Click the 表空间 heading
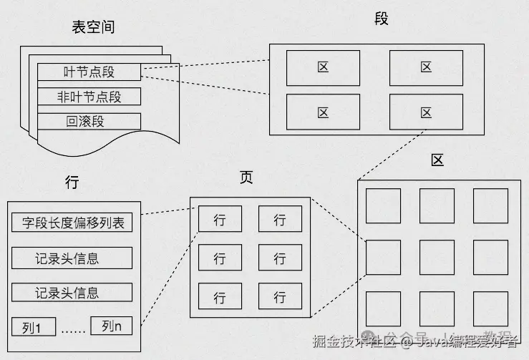(93, 27)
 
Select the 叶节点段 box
(89, 72)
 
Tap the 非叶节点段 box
(89, 97)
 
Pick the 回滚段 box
(89, 121)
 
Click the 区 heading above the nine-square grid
(437, 160)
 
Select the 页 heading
(246, 177)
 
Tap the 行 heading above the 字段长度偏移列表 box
(72, 183)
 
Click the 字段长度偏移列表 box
(72, 223)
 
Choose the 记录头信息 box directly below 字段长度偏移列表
(72, 258)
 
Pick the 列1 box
(34, 329)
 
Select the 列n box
(112, 326)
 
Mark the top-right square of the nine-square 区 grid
(490, 206)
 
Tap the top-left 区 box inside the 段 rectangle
(323, 68)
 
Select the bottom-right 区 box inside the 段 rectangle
(426, 112)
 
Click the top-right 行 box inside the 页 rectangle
(280, 220)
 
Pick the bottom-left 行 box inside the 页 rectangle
(220, 296)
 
